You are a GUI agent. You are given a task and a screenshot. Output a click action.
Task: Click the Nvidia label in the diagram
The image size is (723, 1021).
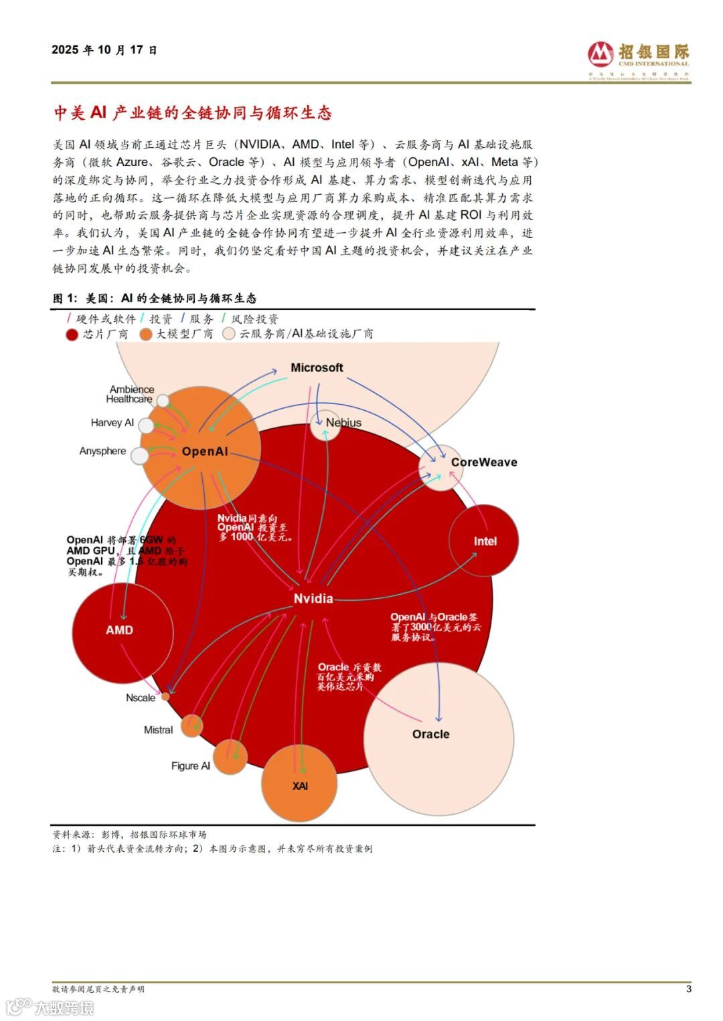pos(313,599)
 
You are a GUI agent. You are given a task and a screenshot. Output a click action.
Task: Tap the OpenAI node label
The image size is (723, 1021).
pos(204,452)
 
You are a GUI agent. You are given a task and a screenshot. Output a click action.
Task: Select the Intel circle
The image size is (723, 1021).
pos(485,541)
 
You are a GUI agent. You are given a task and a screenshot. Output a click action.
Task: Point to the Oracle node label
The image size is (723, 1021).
pos(430,734)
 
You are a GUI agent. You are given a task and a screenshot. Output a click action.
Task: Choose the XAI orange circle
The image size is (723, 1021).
pos(299,785)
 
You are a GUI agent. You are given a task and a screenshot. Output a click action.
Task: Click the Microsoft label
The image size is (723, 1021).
pos(317,367)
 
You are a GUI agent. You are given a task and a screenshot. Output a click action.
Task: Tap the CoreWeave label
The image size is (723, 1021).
pos(483,462)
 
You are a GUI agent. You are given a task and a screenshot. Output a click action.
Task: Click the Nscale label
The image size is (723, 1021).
pos(141,698)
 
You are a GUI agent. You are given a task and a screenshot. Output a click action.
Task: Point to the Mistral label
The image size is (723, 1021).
pos(158,730)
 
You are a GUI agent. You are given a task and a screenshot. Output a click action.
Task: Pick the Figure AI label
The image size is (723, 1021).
pos(190,766)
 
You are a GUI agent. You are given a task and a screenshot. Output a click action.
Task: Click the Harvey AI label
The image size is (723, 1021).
pos(112,423)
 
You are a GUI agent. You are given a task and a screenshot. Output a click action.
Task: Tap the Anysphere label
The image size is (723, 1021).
pos(102,451)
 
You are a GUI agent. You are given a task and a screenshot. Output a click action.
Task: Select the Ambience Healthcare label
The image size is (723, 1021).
pos(131,394)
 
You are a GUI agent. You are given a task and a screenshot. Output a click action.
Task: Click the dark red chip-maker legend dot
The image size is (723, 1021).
pos(72,334)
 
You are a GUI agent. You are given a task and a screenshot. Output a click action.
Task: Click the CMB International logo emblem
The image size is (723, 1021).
pos(600,53)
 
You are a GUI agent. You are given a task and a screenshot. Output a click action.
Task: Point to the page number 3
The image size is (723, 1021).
pos(688,989)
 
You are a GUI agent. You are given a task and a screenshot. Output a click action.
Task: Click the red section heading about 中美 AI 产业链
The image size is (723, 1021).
pos(193,113)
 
